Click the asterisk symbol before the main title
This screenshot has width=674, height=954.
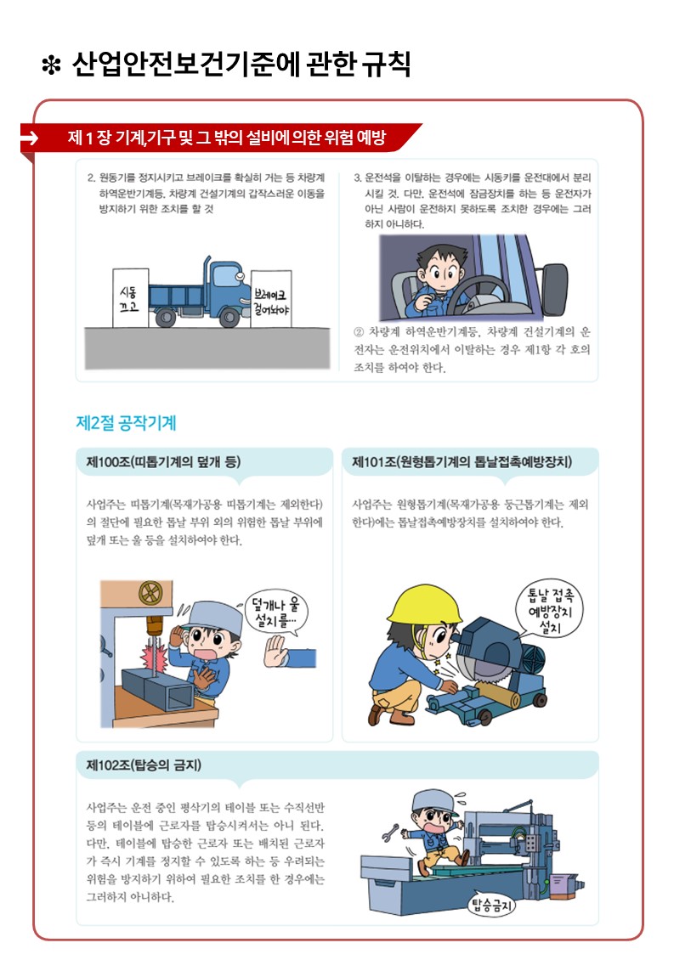51,65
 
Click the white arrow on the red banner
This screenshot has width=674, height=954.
29,138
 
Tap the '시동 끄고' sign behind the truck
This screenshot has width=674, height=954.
130,298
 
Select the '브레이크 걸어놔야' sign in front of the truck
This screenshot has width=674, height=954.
271,299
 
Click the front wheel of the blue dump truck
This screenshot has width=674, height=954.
229,316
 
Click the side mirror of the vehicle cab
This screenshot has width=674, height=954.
554,289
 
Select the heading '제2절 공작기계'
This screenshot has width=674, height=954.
126,423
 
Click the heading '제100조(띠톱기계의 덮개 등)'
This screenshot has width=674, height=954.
164,462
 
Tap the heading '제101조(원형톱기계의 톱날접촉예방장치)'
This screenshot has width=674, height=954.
462,462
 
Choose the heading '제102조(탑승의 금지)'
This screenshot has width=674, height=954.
144,765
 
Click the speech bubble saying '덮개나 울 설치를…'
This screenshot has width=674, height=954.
276,612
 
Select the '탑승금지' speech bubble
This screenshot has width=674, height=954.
491,906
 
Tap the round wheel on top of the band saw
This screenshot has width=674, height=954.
150,593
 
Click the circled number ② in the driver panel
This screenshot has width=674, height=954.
359,332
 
